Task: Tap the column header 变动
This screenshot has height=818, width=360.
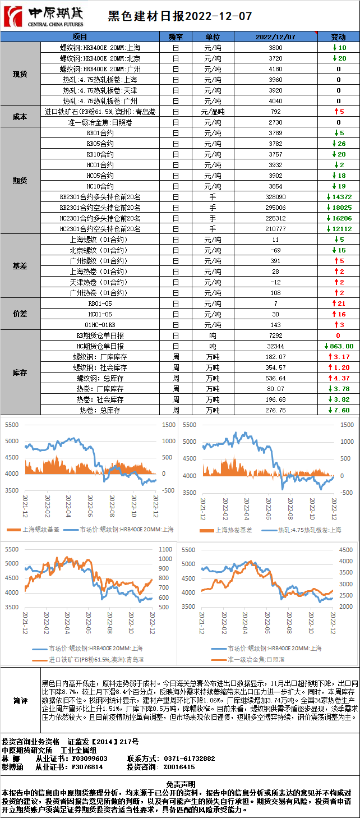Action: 338,36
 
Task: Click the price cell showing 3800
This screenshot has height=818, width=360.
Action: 275,48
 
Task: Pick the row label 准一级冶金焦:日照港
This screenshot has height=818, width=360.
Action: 100,122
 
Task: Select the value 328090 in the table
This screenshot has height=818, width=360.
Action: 275,197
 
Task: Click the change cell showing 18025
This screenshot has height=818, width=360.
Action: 341,208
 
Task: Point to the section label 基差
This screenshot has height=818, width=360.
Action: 20,266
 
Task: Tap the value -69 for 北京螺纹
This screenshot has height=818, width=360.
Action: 275,250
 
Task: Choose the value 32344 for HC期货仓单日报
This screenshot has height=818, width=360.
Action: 275,346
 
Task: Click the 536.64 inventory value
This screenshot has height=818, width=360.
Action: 275,378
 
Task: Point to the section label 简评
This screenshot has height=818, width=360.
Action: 20,701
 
